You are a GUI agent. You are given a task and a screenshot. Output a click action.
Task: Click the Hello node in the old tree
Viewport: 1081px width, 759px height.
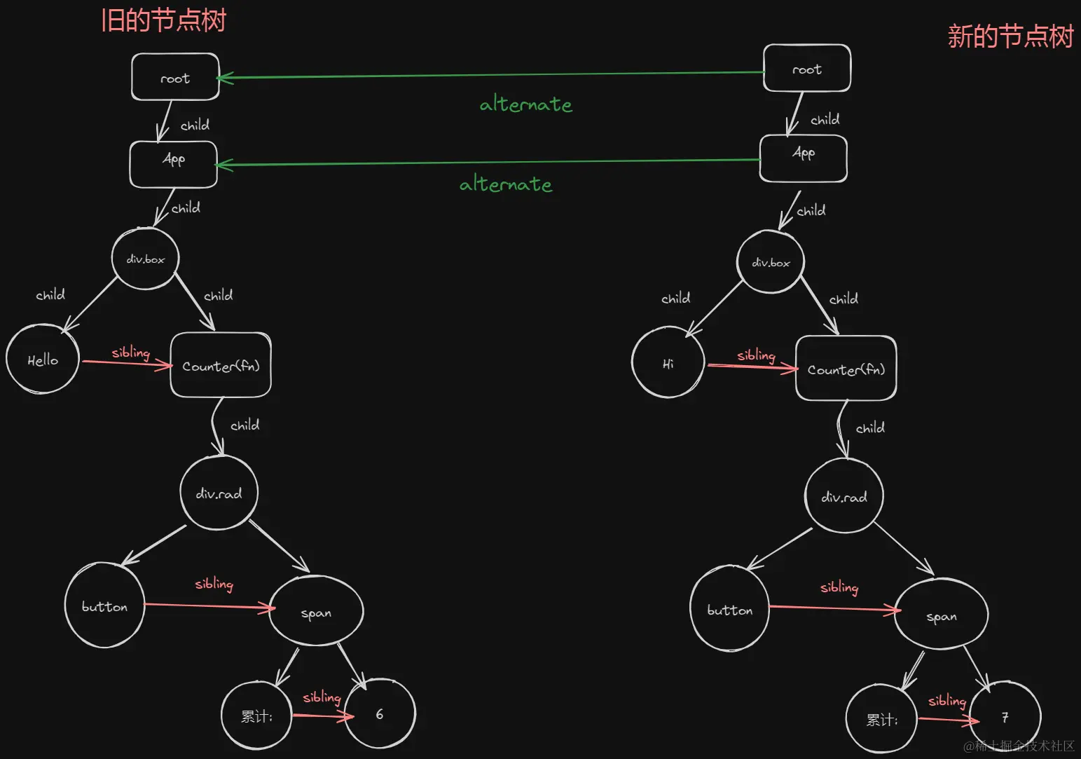tap(42, 360)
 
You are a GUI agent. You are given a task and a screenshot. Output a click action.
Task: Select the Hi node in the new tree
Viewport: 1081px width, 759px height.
tap(668, 363)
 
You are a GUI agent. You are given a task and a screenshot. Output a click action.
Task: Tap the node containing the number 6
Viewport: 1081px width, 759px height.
tap(380, 713)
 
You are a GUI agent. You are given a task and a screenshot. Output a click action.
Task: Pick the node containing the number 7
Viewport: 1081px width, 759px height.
tap(1005, 717)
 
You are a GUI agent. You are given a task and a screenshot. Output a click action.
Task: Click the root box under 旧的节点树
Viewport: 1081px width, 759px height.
tap(175, 77)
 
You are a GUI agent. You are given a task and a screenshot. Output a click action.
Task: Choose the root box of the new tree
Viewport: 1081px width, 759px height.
tap(807, 69)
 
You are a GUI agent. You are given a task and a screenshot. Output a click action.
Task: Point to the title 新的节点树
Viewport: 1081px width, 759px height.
tap(1010, 36)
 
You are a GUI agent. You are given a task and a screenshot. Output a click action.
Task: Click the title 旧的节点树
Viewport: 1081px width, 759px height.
tap(163, 20)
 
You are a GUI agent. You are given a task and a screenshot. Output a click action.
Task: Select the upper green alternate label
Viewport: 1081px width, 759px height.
tap(525, 104)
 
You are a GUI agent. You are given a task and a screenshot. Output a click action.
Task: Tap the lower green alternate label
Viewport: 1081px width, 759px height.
tap(505, 184)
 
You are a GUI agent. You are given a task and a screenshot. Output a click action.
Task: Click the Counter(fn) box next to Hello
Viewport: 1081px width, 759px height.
tap(221, 365)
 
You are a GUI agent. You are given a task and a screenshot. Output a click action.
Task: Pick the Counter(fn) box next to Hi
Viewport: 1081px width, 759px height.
tap(846, 369)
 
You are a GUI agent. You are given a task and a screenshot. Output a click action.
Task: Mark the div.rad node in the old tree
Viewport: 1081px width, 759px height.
tap(219, 493)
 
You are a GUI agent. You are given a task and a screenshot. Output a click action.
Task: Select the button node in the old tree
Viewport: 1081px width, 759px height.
tap(104, 606)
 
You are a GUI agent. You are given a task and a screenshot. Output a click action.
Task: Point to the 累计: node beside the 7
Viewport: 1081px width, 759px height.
tap(881, 719)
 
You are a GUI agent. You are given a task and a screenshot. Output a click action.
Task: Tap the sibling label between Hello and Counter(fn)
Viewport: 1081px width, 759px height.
tap(131, 352)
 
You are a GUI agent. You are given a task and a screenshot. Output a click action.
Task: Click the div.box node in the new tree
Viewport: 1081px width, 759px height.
tap(771, 262)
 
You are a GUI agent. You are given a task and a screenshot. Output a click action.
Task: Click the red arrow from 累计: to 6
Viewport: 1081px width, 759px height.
tap(322, 716)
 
